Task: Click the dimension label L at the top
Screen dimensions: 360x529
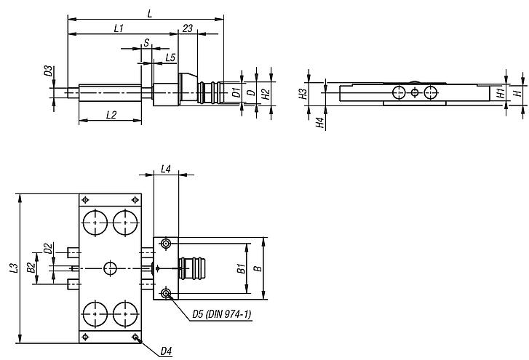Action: point(149,13)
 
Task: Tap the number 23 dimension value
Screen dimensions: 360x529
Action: point(188,28)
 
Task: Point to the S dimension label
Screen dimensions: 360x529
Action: point(146,44)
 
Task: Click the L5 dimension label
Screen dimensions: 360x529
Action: point(170,57)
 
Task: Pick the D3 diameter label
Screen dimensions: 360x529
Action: point(48,71)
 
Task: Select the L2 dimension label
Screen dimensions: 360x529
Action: point(111,114)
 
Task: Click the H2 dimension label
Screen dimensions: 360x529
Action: point(266,93)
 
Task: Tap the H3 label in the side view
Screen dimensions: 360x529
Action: point(303,93)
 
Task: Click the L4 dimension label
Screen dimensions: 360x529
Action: point(165,169)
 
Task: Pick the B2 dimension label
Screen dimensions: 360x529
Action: point(31,268)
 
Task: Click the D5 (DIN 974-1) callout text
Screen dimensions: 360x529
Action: point(221,314)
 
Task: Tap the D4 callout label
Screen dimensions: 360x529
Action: point(166,352)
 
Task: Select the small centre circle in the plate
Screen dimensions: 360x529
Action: point(110,268)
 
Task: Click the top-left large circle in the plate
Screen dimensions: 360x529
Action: point(95,222)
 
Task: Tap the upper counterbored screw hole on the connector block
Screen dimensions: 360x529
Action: point(167,243)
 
